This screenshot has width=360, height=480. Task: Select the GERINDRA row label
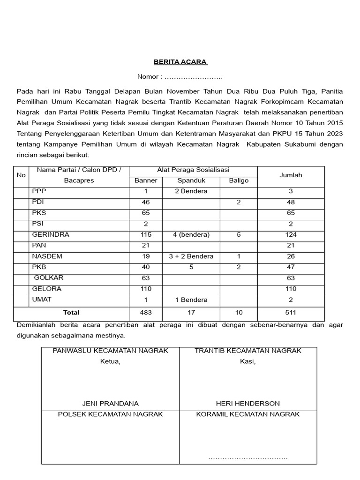[50, 234]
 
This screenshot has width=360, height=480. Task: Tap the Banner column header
[146, 180]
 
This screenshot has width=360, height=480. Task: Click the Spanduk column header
[191, 180]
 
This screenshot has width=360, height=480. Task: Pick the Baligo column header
[239, 180]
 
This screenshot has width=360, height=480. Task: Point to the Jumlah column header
[291, 175]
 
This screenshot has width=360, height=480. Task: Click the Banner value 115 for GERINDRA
[146, 234]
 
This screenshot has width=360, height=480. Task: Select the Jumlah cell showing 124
[291, 234]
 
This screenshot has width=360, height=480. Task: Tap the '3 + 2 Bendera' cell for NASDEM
[191, 256]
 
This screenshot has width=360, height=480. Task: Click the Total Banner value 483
[146, 312]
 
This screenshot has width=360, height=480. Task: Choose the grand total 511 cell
[291, 312]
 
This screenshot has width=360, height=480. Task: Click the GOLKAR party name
[49, 278]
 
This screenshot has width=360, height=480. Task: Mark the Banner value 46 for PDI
[146, 202]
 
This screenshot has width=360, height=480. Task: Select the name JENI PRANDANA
[110, 403]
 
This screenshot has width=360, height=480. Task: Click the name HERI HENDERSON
[247, 403]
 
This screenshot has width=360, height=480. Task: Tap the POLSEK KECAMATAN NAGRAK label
[110, 414]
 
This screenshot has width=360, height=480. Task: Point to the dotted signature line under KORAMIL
[247, 457]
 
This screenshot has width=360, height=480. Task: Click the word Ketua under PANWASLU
[110, 361]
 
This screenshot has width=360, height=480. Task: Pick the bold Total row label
[71, 312]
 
